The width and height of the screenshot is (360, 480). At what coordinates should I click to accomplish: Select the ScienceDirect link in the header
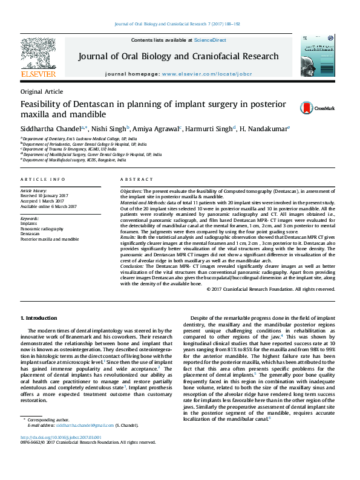click(209, 40)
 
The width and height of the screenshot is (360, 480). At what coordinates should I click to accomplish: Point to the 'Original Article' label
click(41, 92)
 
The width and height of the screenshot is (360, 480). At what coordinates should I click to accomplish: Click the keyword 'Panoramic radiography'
click(42, 229)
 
